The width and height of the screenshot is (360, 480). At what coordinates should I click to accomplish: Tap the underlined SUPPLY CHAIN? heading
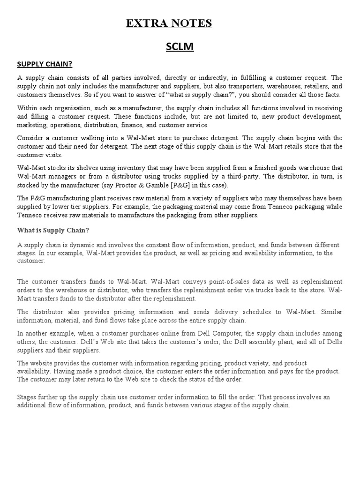click(45, 64)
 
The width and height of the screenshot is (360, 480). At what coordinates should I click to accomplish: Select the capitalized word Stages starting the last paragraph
click(27, 397)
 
